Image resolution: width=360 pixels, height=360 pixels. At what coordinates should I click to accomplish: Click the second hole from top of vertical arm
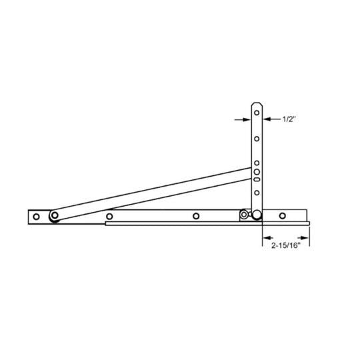click(x=257, y=139)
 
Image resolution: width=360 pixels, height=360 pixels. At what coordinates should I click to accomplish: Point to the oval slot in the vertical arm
click(x=257, y=179)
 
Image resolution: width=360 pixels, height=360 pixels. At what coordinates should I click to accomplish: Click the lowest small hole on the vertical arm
click(x=257, y=193)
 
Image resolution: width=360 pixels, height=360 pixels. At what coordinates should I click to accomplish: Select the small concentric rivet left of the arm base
click(x=245, y=215)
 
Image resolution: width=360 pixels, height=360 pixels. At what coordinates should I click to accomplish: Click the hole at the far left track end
click(x=37, y=216)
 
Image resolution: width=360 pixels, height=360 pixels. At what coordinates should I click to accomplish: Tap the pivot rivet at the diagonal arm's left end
click(x=54, y=215)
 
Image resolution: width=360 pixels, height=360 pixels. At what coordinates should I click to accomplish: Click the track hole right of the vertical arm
click(x=283, y=215)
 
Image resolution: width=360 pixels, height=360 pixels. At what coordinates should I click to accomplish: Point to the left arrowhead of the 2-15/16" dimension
click(x=266, y=237)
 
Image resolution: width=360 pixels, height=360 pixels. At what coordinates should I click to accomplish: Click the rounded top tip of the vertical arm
click(x=257, y=104)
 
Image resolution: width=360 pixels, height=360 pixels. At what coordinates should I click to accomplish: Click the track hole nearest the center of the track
click(x=196, y=215)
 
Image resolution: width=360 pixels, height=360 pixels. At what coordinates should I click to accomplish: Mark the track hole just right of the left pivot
click(x=109, y=216)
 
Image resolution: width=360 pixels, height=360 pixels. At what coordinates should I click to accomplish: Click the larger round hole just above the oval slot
click(x=257, y=171)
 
